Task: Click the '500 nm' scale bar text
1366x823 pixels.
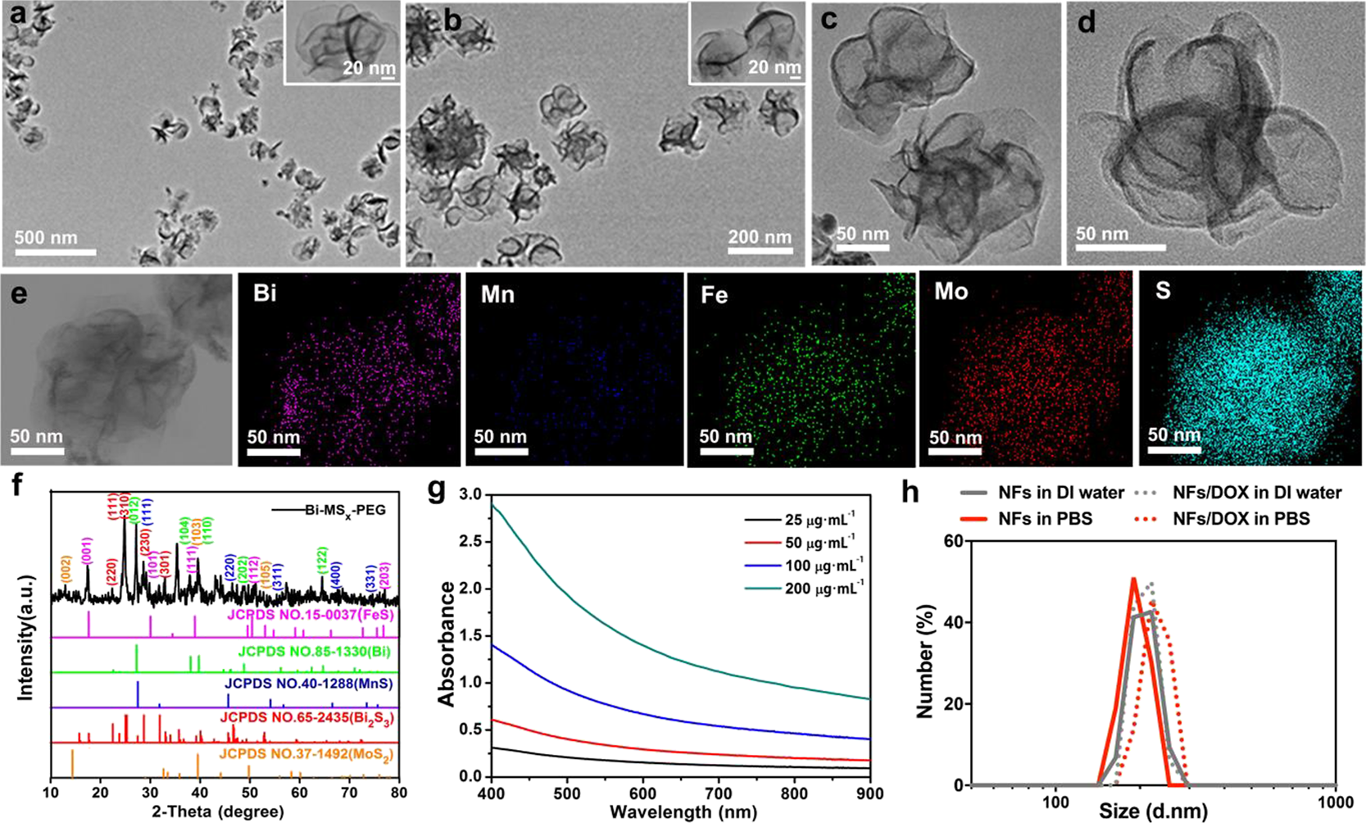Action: tap(46, 239)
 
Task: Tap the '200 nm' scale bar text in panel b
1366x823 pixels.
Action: tap(760, 238)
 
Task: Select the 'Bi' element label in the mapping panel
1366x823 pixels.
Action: tap(265, 293)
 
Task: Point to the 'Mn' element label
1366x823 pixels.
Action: tap(497, 293)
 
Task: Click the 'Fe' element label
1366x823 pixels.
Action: tap(715, 294)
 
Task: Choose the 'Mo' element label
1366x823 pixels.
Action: tap(951, 293)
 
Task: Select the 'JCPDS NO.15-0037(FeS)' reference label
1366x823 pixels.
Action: tap(314, 615)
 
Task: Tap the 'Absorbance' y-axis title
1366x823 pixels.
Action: tap(447, 643)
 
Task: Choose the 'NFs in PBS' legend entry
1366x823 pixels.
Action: tap(1045, 519)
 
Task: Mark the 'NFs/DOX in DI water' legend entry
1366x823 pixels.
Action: tap(1256, 493)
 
